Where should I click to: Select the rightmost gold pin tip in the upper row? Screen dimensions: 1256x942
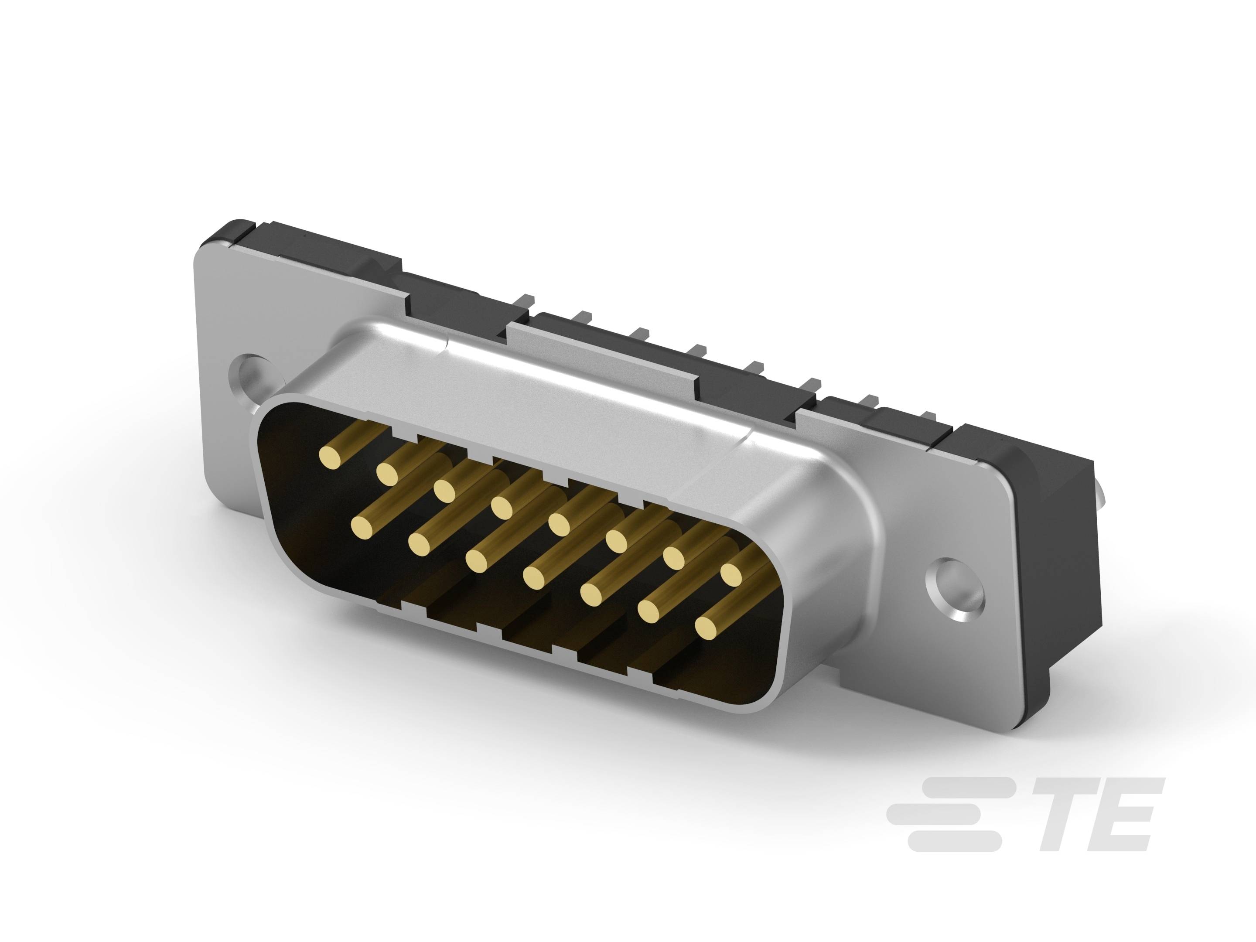coord(731,574)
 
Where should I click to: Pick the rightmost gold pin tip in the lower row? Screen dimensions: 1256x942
coord(706,628)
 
